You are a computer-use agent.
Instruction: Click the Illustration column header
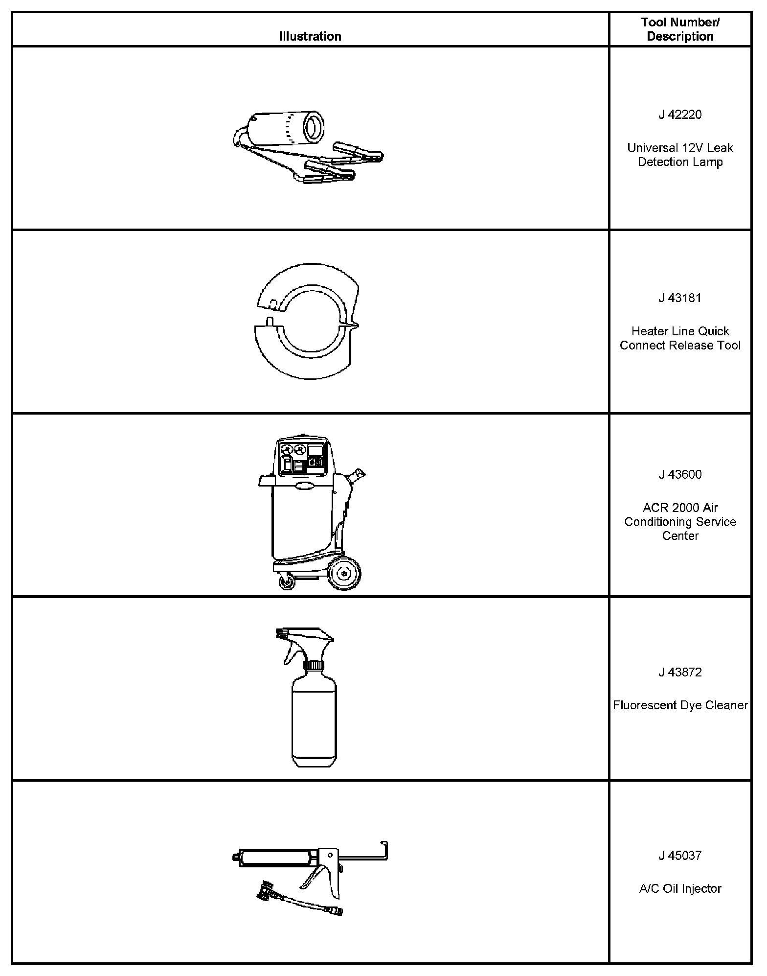coord(310,36)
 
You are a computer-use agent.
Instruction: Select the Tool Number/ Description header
coord(680,29)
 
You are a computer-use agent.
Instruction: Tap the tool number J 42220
coord(680,115)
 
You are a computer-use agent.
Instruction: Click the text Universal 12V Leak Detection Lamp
coord(680,155)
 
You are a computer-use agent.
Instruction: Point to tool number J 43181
coord(680,298)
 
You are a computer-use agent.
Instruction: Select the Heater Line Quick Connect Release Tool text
coord(680,338)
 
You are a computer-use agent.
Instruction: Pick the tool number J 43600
coord(680,474)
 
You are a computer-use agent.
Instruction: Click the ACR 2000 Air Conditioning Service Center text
coord(680,522)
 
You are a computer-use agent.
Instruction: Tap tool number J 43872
coord(680,672)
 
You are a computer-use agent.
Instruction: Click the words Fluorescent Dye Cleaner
coord(680,705)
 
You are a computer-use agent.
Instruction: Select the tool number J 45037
coord(680,856)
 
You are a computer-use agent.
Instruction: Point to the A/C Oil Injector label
coord(680,889)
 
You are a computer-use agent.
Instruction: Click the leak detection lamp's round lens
coord(313,127)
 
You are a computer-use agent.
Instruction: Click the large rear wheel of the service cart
coord(344,573)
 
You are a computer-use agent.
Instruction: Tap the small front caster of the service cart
coord(284,583)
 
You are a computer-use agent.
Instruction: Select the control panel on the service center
coord(302,457)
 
